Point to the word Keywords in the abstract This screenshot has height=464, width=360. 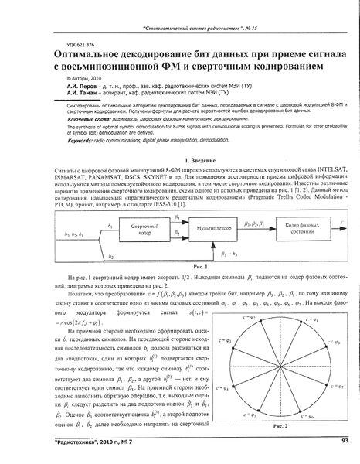pyautogui.click(x=62, y=143)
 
